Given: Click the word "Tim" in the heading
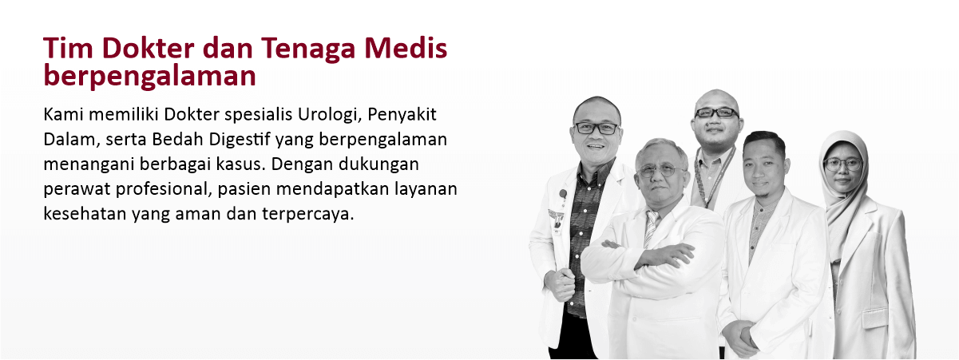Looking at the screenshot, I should [62, 49].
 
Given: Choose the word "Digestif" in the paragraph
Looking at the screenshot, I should [234, 139].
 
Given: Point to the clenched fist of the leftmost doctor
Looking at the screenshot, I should [565, 283].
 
